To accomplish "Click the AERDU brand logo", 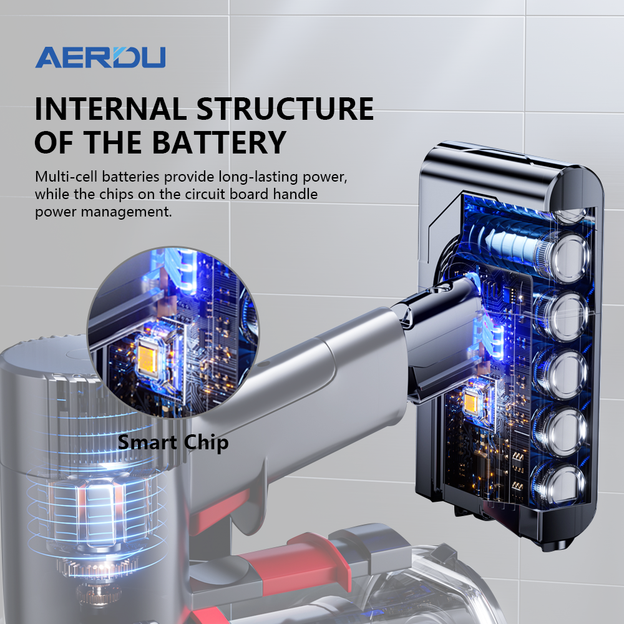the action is pos(100,57).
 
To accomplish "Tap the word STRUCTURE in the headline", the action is pos(285,109).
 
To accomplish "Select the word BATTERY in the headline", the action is pos(219,142).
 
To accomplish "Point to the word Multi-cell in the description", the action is pos(66,177).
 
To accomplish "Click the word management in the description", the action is pos(127,212).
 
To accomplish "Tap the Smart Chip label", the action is pos(173,442).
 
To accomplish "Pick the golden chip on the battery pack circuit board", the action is pos(473,401).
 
